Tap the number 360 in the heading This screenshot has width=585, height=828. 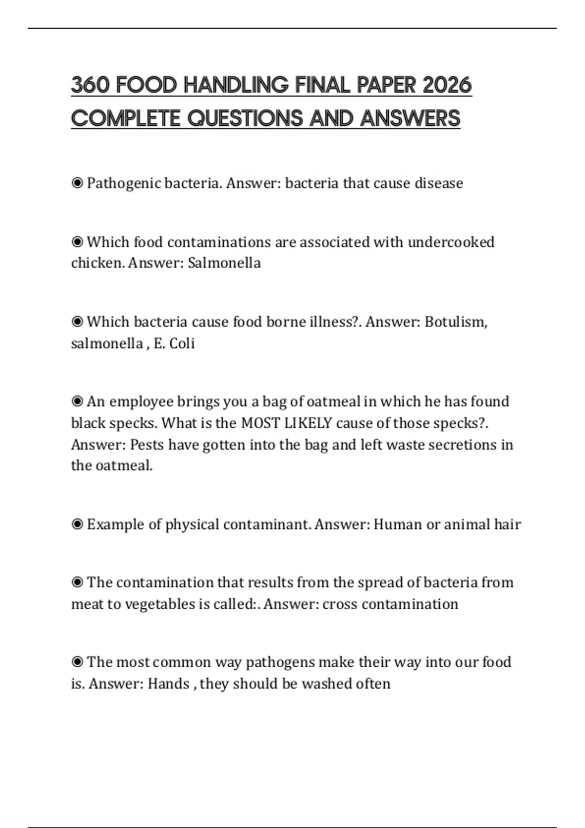pos(90,85)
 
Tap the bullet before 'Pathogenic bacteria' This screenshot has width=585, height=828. pos(77,184)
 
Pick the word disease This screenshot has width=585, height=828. pos(439,183)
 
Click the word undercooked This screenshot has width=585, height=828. pos(451,242)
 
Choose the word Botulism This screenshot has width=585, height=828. pos(455,322)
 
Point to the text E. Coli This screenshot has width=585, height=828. pos(174,343)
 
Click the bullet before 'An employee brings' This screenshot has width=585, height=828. pos(77,401)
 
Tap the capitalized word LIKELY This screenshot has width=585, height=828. pos(308,423)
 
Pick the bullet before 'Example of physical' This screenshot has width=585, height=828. pos(77,525)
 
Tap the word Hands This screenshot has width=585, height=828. pos(168,684)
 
